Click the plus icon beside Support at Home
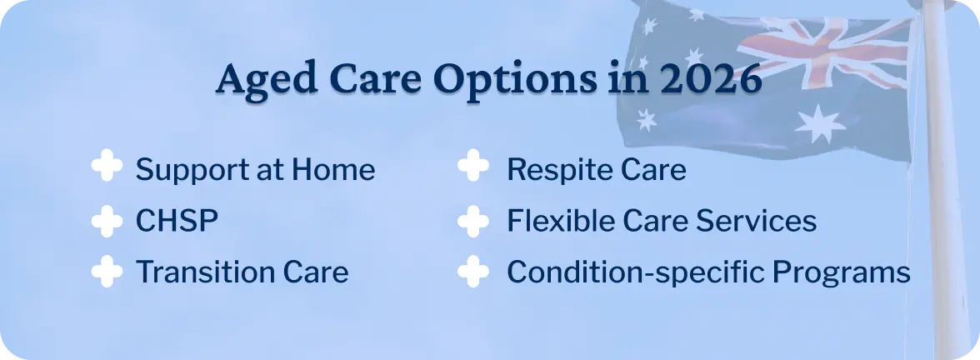pyautogui.click(x=107, y=169)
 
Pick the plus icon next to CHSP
pyautogui.click(x=107, y=221)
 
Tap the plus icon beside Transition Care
pyautogui.click(x=107, y=272)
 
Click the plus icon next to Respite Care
pyautogui.click(x=473, y=169)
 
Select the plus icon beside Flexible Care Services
pyautogui.click(x=473, y=221)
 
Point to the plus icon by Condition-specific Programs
pyautogui.click(x=473, y=272)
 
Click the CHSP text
pyautogui.click(x=177, y=222)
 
